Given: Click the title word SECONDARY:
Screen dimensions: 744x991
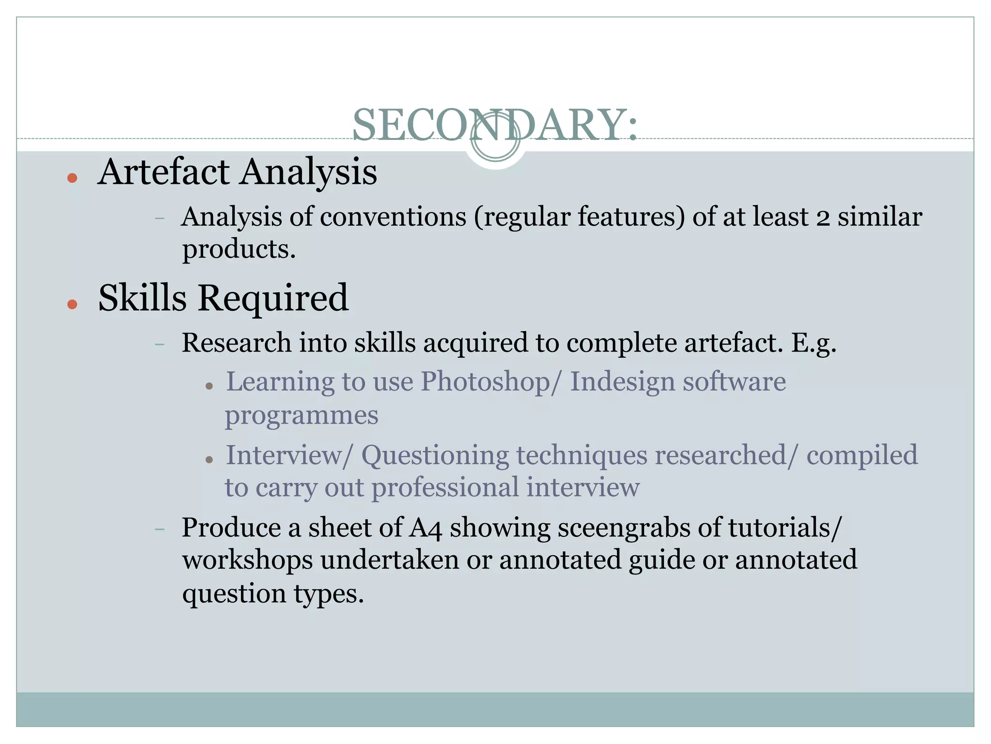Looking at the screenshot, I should click(495, 125).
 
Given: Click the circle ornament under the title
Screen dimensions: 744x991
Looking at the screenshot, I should click(495, 137).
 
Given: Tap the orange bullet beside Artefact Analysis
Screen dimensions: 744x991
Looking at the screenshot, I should click(73, 178).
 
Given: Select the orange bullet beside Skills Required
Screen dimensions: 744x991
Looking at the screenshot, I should click(73, 304).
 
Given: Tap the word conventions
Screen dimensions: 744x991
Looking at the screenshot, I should click(393, 217).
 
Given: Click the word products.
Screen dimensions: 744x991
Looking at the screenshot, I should click(239, 250).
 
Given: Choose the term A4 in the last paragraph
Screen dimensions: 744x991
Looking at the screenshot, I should click(426, 528).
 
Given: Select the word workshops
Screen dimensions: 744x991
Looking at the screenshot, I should click(248, 560).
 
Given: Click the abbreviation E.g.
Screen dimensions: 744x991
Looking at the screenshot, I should click(813, 343).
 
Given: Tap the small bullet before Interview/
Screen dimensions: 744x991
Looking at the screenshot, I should click(209, 459).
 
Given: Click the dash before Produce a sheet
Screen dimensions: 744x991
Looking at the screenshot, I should click(160, 529).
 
